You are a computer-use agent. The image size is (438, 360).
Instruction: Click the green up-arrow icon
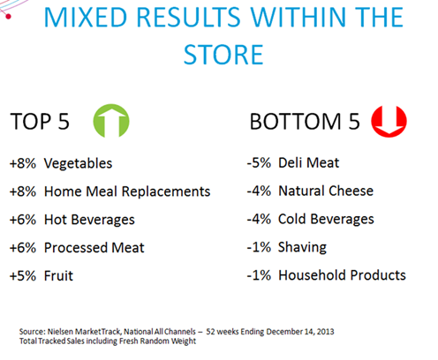coord(111,121)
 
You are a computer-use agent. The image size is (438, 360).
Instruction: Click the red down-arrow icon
coord(389,121)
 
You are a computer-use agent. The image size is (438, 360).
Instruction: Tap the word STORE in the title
coord(223,55)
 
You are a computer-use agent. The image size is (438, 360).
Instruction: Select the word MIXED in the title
coord(86,17)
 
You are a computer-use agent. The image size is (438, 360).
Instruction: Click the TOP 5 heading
coord(40,121)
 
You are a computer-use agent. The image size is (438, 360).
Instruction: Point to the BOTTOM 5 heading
coord(305,121)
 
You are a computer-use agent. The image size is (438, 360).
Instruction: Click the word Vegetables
coord(78,163)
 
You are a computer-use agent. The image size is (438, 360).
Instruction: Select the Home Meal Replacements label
coord(127,191)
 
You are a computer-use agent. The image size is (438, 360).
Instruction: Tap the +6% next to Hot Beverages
coord(23,220)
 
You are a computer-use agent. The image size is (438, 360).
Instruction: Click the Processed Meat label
coord(94,248)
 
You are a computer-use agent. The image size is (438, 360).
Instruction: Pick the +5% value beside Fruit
coord(23,276)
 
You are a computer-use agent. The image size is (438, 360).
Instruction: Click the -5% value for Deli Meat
coord(259,162)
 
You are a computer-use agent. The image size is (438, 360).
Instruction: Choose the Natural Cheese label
coord(326,191)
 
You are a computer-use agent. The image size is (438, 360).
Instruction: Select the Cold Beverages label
coord(326,219)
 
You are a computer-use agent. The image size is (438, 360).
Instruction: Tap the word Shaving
coord(302,247)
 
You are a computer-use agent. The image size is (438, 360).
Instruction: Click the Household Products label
coord(342,275)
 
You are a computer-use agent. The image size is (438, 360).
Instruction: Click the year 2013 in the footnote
coord(326,332)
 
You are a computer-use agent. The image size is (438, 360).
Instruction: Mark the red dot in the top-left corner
coord(8,16)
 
